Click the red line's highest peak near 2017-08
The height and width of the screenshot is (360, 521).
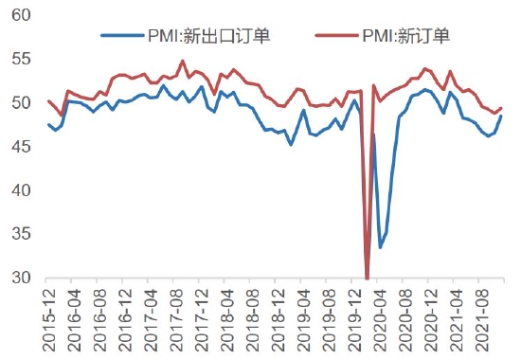183,62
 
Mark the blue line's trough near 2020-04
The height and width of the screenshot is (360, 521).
380,247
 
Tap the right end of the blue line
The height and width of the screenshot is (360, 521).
501,116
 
